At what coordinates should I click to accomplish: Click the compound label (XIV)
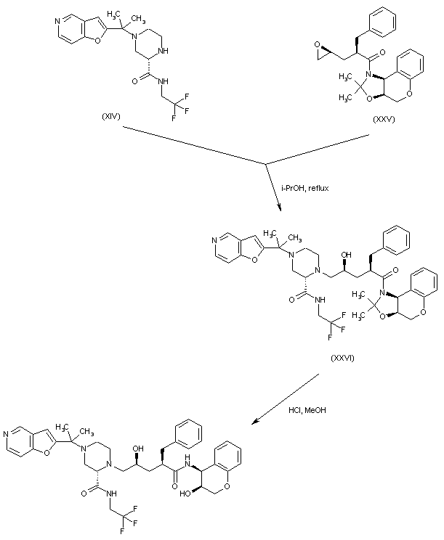[x=111, y=115]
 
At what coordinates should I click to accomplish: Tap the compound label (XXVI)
[x=342, y=358]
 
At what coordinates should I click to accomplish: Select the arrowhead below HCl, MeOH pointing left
[x=254, y=422]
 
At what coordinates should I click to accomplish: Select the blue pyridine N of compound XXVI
[x=217, y=240]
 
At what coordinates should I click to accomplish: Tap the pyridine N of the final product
[x=9, y=435]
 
